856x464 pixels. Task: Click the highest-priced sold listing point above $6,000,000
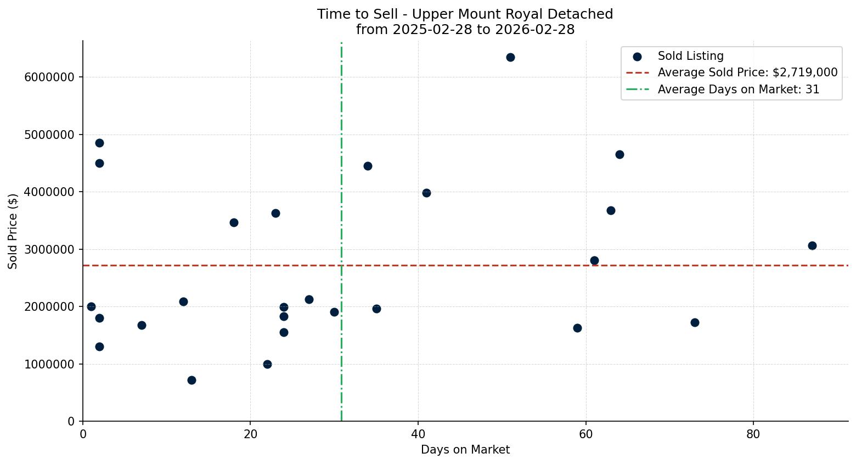tap(510, 57)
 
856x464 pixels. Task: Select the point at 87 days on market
tap(812, 245)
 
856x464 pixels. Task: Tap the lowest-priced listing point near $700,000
tap(192, 380)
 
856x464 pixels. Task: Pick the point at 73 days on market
tap(695, 322)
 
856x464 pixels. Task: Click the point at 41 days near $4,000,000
tap(426, 193)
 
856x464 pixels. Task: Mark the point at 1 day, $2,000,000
tap(91, 306)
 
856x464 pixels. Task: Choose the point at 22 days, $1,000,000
tap(267, 364)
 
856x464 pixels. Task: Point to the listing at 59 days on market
tap(577, 328)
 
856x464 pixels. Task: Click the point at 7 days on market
tap(142, 325)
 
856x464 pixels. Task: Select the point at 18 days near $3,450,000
tap(234, 222)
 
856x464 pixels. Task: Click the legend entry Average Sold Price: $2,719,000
tap(747, 72)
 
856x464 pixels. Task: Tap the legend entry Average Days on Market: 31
tap(738, 90)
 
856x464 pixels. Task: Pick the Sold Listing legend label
tap(690, 56)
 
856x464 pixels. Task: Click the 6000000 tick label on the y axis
tap(49, 77)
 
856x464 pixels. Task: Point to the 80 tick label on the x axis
tap(753, 434)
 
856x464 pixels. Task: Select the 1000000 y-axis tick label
tap(49, 365)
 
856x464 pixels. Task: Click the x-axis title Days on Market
tap(465, 450)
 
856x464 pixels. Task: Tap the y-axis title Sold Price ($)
tap(13, 231)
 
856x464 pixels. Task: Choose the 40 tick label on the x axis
tap(418, 434)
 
